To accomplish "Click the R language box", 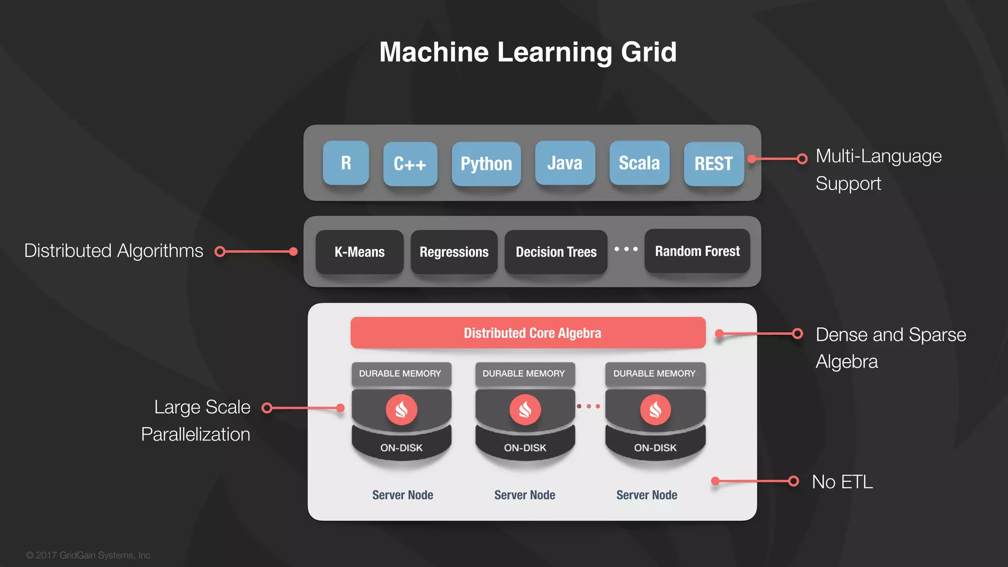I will tap(346, 163).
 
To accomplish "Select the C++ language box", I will tap(410, 164).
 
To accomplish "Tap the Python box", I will tap(486, 164).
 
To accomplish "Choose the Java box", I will tap(565, 163).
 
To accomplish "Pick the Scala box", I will tap(639, 163).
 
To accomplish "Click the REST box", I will tap(714, 164).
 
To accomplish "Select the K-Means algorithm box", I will tap(359, 252).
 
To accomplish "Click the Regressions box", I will tap(454, 252).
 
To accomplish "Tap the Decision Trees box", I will tap(556, 252).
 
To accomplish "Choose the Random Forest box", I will tap(697, 251).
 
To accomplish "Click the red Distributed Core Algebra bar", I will tap(528, 333).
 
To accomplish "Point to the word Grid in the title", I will tap(649, 52).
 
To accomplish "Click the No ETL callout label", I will tap(842, 482).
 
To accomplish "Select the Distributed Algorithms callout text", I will tap(114, 251).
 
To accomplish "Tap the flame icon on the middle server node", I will tap(525, 409).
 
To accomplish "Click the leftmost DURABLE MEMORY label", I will tap(400, 374).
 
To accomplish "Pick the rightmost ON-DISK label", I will tap(655, 448).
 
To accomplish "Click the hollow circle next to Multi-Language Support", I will tap(802, 158).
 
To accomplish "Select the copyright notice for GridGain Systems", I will tap(90, 555).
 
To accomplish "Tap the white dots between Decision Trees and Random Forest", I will tap(626, 249).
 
